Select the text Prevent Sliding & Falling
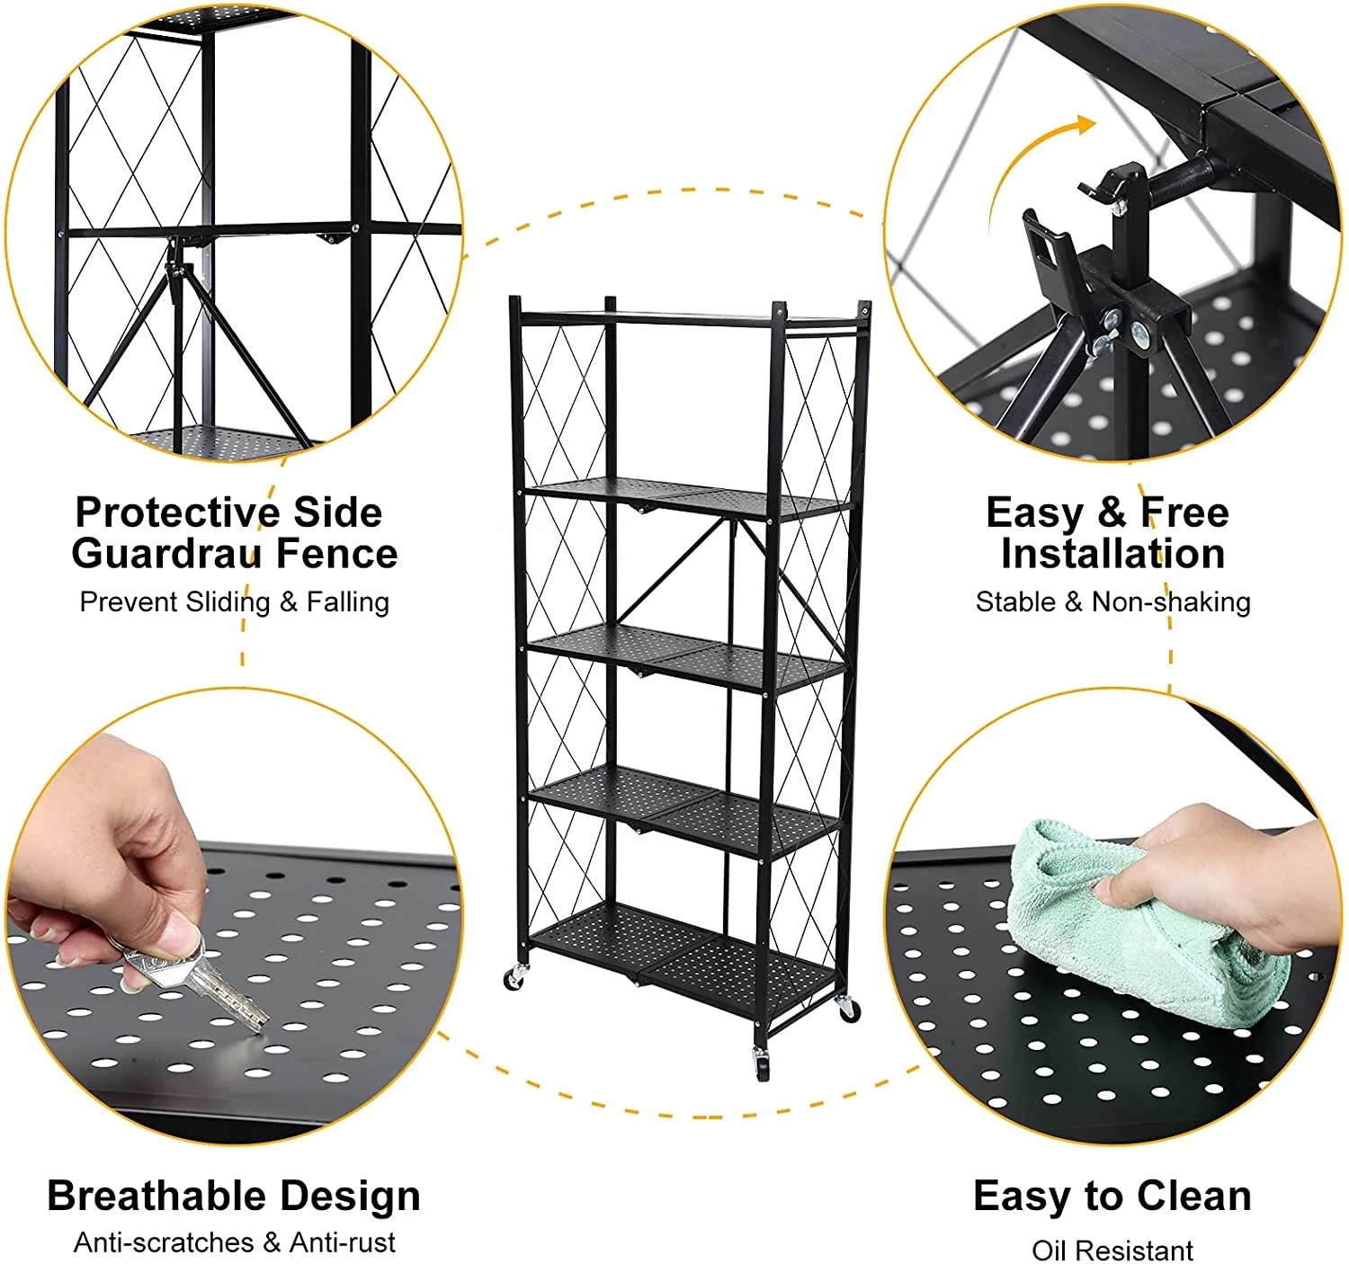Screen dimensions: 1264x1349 click(234, 601)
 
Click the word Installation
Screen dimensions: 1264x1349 click(1112, 553)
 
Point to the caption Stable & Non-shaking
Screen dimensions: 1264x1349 click(1112, 601)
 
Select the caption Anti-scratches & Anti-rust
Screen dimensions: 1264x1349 click(234, 1242)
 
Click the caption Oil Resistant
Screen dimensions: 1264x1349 click(1112, 1250)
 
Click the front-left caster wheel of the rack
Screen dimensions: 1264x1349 click(514, 978)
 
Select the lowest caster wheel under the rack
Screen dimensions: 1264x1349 click(762, 1065)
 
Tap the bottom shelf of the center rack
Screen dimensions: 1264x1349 click(683, 953)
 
